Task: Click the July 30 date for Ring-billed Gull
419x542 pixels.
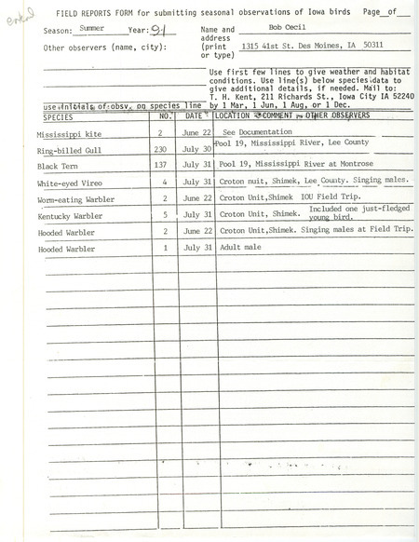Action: (192, 149)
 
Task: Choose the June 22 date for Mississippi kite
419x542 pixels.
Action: (192, 133)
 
